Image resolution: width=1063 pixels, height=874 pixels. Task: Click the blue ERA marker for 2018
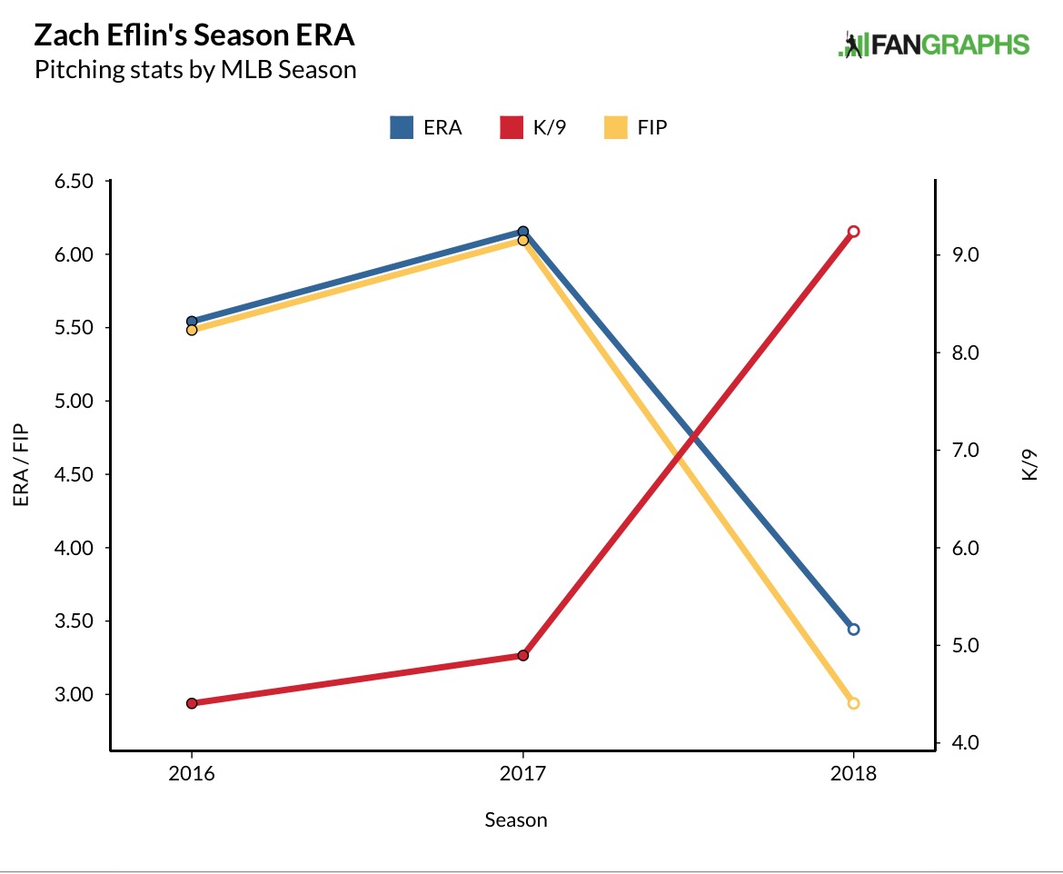(x=853, y=629)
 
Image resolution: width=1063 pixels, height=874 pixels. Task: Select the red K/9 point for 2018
(x=853, y=232)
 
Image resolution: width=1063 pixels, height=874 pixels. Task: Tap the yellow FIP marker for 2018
(x=853, y=703)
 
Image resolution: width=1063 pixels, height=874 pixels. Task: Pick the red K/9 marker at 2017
(x=523, y=655)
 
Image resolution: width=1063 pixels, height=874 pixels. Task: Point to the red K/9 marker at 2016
(x=192, y=703)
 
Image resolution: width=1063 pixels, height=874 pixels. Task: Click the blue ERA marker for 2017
(x=523, y=232)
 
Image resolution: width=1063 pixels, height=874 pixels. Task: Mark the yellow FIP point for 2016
(x=192, y=330)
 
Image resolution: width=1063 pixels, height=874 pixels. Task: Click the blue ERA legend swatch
(x=402, y=127)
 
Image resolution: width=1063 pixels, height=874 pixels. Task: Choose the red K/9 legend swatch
(x=512, y=127)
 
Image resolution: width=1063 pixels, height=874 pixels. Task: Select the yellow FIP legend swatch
(x=617, y=127)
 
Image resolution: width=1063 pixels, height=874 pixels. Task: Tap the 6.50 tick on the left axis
(x=75, y=181)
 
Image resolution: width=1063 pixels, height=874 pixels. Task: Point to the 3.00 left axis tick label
(x=75, y=695)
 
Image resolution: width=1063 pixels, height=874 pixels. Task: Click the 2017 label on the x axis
(x=522, y=775)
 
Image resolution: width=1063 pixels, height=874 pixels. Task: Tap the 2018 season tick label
(x=853, y=775)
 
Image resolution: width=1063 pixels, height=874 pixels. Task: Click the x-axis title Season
(x=516, y=820)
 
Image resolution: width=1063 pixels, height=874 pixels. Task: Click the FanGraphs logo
(x=933, y=45)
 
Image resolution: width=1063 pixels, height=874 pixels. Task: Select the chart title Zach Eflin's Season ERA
(x=194, y=36)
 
